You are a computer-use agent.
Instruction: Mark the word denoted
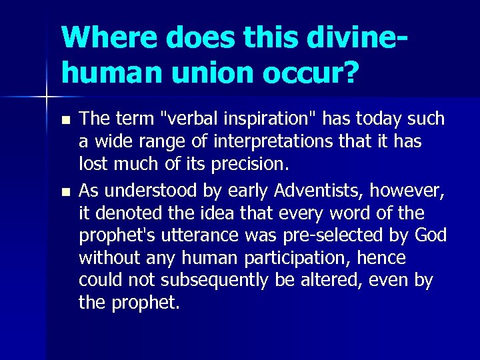pyautogui.click(x=123, y=213)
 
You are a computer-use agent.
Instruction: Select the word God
pyautogui.click(x=430, y=236)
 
